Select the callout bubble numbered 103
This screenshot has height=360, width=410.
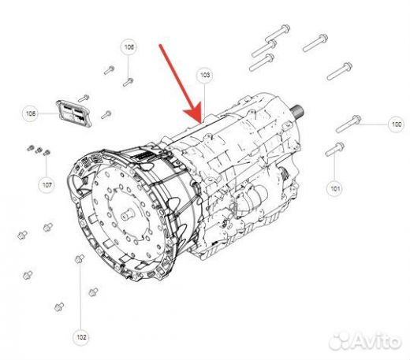[205, 76]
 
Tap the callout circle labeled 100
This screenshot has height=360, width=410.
[397, 124]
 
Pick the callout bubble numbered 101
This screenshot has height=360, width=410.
[335, 188]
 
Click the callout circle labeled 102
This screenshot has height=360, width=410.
[81, 337]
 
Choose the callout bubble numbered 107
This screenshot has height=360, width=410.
[47, 185]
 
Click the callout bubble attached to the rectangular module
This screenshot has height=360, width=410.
[31, 113]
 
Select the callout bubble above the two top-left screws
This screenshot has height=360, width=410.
[129, 47]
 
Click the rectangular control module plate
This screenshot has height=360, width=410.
[74, 113]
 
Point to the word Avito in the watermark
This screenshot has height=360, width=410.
[377, 341]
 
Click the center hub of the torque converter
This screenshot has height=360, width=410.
[129, 214]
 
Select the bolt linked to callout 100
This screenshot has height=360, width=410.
[348, 124]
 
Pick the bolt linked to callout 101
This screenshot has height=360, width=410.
[335, 149]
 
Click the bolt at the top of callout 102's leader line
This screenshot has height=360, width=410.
[80, 259]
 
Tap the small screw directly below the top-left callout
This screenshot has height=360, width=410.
[129, 82]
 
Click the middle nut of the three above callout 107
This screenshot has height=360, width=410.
[39, 150]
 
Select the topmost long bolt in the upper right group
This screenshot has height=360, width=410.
[278, 33]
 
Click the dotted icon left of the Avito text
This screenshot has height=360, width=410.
[341, 342]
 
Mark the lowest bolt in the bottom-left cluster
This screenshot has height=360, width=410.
[59, 306]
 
